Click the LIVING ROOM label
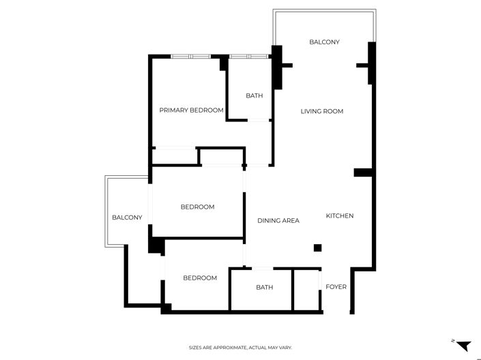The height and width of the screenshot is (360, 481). (322, 111)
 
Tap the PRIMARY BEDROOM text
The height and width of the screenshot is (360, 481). (192, 110)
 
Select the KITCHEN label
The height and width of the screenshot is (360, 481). (339, 216)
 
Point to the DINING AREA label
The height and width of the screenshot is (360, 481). (278, 220)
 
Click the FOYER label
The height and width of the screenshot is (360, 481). (336, 287)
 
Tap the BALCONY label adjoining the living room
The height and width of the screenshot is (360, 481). (324, 42)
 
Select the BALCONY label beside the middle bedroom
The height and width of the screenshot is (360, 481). (127, 217)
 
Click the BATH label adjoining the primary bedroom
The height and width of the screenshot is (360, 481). (254, 96)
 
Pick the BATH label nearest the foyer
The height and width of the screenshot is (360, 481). (264, 288)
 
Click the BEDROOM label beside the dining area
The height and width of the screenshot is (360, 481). (197, 207)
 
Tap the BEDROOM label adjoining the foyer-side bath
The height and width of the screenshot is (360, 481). (200, 278)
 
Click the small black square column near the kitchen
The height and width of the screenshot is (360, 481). (317, 248)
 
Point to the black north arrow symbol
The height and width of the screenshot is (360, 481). (464, 346)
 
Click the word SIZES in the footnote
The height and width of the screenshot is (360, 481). (196, 348)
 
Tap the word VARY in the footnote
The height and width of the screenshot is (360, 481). (285, 348)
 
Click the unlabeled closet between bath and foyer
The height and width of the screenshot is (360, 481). (306, 290)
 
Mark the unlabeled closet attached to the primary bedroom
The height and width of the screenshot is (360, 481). (175, 157)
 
